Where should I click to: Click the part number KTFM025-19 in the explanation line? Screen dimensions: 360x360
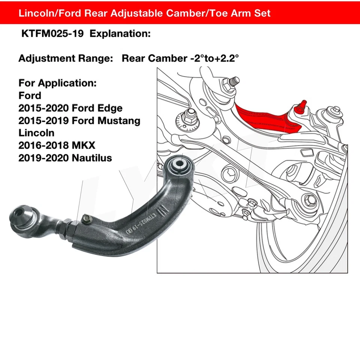tap(53, 34)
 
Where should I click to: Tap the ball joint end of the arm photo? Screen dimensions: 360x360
tap(21, 217)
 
